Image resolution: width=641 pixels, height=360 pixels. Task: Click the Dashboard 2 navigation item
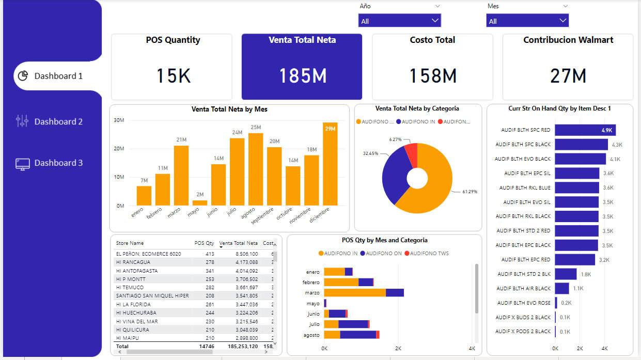[58, 121]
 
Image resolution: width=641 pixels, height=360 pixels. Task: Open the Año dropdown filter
[399, 21]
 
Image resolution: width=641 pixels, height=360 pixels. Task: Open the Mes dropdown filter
[527, 21]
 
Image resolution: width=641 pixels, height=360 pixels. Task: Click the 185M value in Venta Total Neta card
[302, 76]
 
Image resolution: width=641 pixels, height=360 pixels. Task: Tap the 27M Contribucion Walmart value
[568, 76]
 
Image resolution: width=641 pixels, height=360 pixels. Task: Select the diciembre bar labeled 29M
[330, 164]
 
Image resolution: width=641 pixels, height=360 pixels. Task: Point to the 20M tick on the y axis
[119, 149]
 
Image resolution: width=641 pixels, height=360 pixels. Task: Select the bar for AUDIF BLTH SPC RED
[585, 130]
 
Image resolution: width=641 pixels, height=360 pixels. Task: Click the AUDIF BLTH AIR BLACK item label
[524, 288]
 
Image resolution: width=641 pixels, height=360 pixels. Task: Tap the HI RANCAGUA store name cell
[133, 262]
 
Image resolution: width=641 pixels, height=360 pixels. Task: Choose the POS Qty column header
[204, 243]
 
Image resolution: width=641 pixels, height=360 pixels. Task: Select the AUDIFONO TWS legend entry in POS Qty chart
[427, 253]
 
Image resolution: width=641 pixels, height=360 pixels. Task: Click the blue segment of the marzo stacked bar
[395, 293]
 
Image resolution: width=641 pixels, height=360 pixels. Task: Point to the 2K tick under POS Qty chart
[398, 349]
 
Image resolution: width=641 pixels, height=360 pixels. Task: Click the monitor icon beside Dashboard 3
[22, 164]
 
